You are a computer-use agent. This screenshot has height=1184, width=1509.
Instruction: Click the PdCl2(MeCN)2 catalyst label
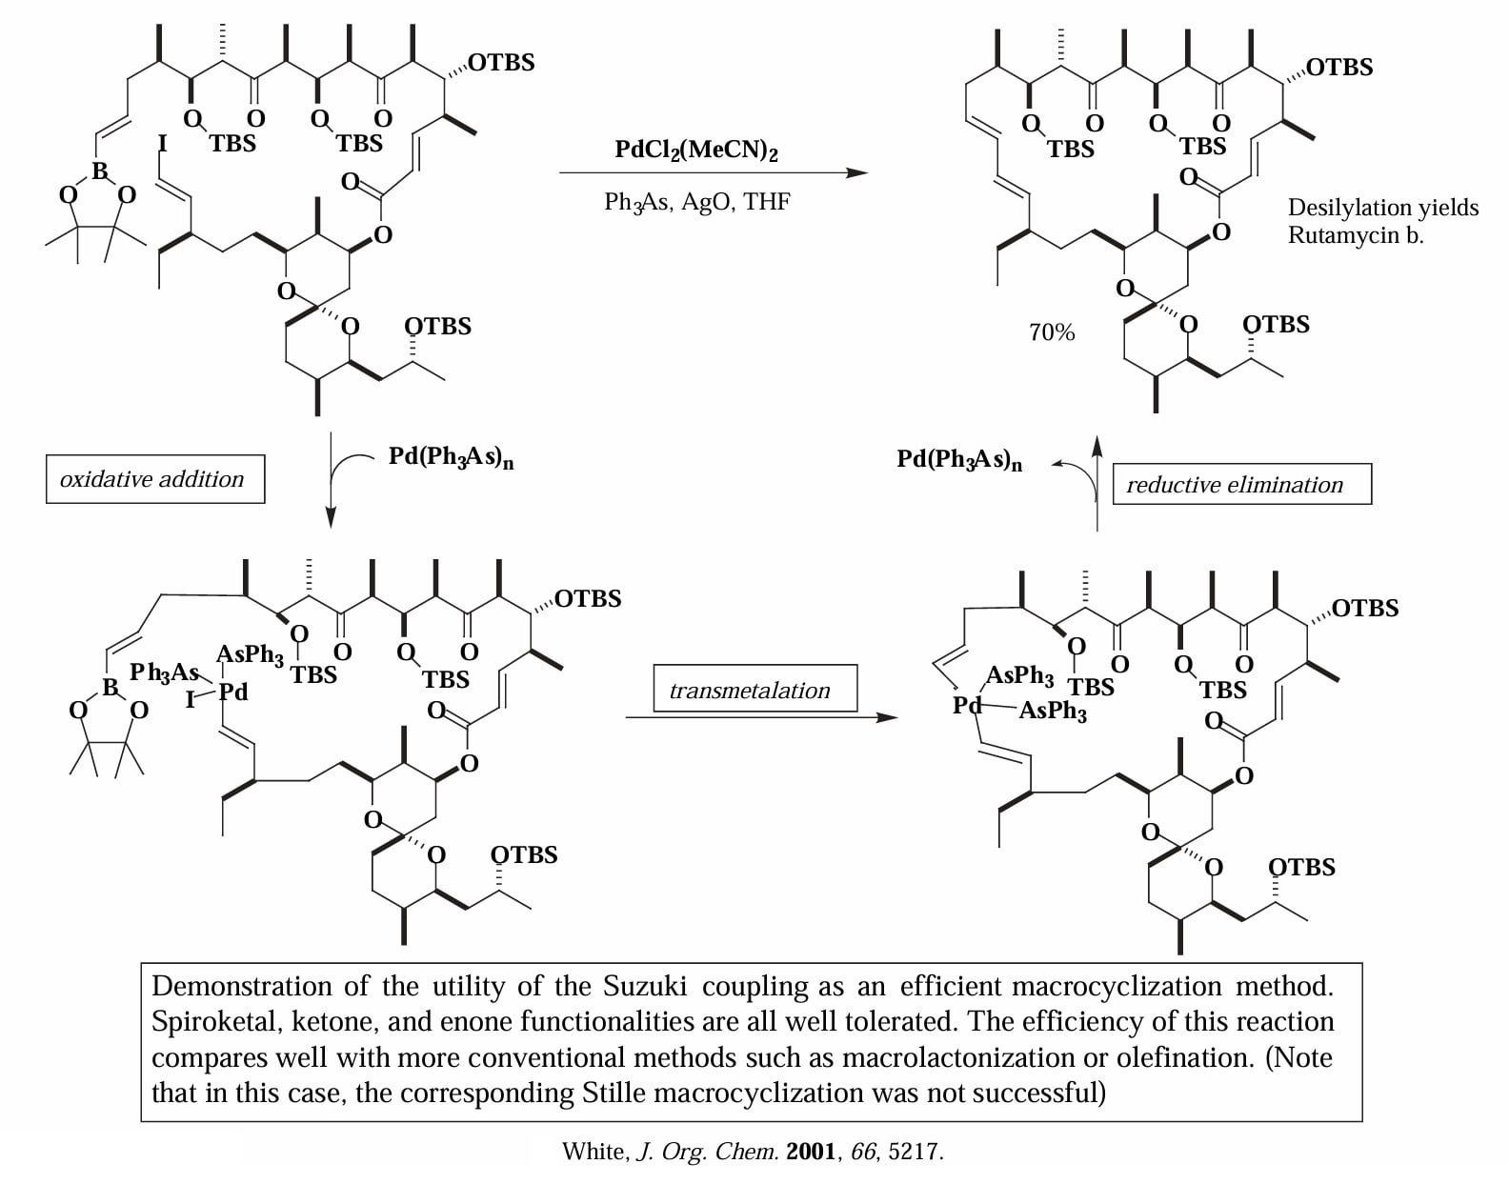point(695,150)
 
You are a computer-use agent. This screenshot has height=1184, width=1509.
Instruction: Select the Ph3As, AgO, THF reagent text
point(697,202)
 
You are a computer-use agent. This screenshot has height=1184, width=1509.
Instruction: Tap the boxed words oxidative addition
point(152,479)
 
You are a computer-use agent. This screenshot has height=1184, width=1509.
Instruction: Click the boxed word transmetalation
point(750,691)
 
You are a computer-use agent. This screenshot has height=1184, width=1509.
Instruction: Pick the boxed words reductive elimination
point(1235,485)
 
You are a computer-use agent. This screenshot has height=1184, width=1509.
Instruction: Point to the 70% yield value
point(1052,332)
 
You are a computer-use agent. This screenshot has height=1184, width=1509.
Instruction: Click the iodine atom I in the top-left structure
point(163,143)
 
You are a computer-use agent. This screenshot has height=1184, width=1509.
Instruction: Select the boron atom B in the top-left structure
point(100,171)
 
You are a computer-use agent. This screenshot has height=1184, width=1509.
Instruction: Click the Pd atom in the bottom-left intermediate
point(232,692)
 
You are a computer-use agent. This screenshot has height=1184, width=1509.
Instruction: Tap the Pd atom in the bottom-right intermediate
point(967,705)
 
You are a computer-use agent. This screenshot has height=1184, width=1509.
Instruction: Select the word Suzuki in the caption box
point(644,986)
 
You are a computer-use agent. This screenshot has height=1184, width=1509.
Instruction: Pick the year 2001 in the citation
point(811,1152)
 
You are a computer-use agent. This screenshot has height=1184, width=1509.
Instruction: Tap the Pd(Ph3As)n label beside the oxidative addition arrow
point(452,457)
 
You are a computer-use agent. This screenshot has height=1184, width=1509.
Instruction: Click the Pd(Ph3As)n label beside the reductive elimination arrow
point(959,460)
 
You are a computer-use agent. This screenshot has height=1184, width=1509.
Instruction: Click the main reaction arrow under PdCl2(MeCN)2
point(714,172)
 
